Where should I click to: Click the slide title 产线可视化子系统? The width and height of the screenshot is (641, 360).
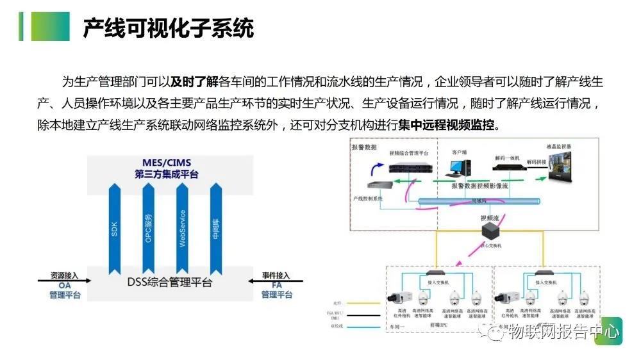[168, 28]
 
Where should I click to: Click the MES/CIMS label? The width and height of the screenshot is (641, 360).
[166, 163]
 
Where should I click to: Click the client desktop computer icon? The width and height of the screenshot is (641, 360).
[458, 167]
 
